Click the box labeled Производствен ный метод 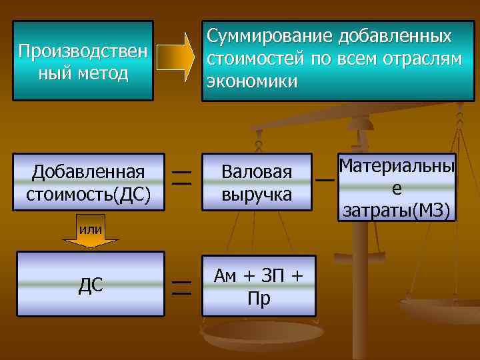(83, 61)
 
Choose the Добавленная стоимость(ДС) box (89, 182)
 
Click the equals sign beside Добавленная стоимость (181, 177)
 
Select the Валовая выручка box (257, 182)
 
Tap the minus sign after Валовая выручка (325, 180)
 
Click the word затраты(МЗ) (397, 211)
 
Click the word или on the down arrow (91, 230)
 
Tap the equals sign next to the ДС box (181, 287)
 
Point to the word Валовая (257, 172)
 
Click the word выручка (257, 194)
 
